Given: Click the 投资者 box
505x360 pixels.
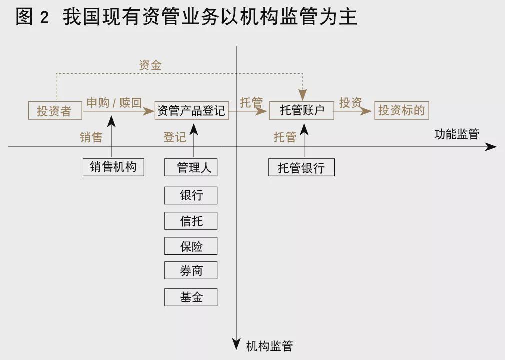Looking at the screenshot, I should [x=55, y=110].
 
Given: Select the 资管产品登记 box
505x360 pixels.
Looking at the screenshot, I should [x=191, y=110].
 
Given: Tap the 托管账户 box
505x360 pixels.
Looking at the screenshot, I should [x=301, y=110].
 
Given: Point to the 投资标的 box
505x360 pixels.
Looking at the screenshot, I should [x=401, y=110].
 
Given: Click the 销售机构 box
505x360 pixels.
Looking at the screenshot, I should [x=113, y=167].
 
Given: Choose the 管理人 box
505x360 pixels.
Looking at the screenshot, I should [x=191, y=167].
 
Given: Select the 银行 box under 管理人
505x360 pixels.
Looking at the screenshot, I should [x=191, y=195].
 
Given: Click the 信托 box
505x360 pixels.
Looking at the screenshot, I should [x=191, y=220].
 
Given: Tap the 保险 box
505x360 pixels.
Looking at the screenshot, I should [x=191, y=246].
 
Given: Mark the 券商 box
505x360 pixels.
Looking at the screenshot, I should [x=191, y=271].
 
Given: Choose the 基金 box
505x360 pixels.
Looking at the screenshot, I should [x=191, y=297].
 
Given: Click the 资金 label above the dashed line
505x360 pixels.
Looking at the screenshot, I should [x=150, y=65].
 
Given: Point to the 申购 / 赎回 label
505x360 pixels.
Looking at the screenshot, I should [x=114, y=103].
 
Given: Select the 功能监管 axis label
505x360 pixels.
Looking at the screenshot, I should [x=456, y=134].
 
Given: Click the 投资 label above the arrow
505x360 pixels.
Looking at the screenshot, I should [x=350, y=103].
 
